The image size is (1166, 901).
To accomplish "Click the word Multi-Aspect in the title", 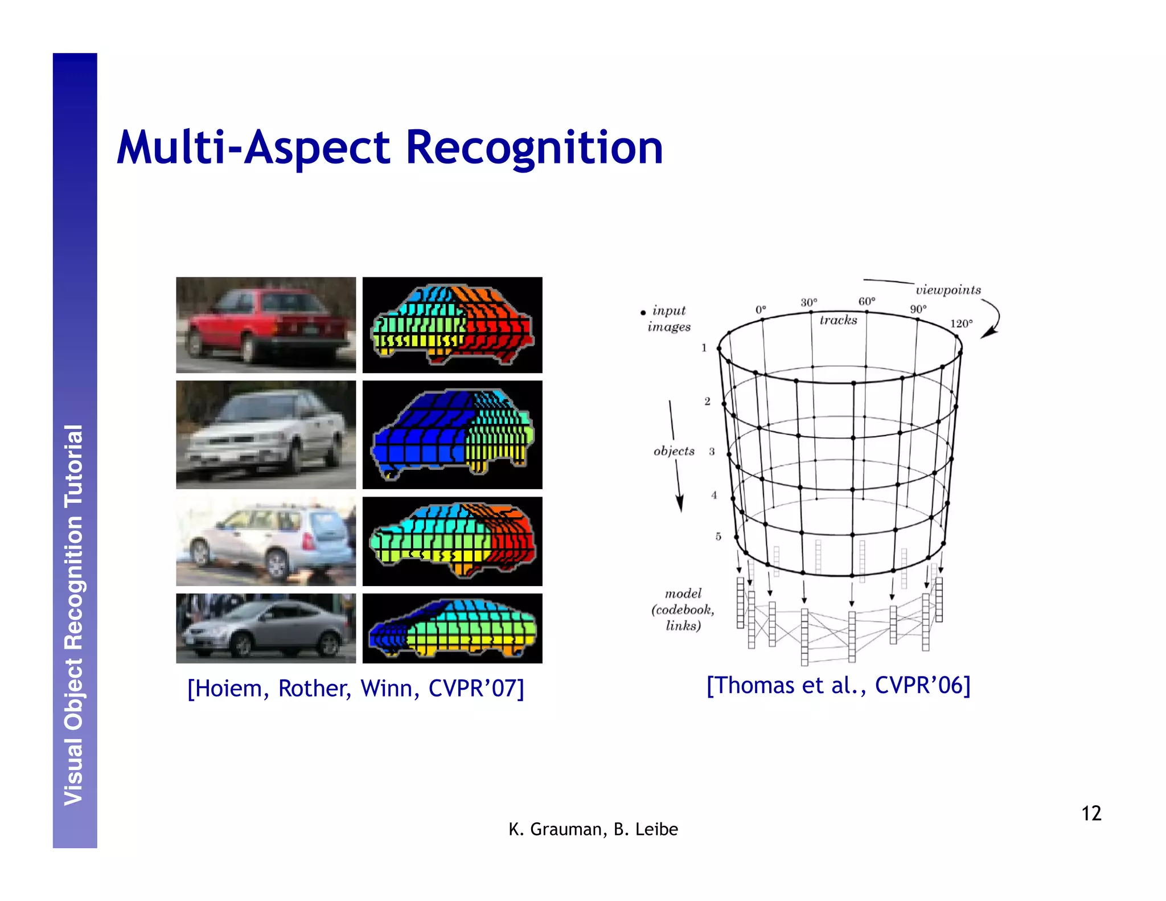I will (253, 148).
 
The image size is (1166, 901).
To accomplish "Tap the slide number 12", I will (1091, 813).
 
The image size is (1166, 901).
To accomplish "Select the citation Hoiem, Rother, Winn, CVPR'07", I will (355, 688).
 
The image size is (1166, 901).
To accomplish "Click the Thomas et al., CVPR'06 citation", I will (838, 685).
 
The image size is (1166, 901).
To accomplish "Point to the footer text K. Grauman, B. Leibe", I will (593, 829).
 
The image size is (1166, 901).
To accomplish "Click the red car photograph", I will (266, 325).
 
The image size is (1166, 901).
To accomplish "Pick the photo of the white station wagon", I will (266, 541).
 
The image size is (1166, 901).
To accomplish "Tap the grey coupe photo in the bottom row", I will (266, 628).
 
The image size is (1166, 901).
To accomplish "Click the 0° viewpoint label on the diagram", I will (761, 310).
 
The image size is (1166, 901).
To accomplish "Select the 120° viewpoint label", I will (961, 323).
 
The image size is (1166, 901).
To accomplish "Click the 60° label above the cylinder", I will (867, 301).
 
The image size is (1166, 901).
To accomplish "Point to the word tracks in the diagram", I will (838, 321).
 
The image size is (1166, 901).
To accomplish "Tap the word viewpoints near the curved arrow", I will (948, 290).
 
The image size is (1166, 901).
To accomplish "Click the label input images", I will (668, 318).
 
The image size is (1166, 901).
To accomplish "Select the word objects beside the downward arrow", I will (674, 451).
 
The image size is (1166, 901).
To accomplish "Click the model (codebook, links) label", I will (683, 609).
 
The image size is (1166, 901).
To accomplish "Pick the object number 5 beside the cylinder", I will (718, 536).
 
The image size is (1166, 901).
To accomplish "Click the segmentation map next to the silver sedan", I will (452, 435).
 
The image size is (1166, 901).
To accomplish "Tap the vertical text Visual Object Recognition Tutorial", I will (75, 615).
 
